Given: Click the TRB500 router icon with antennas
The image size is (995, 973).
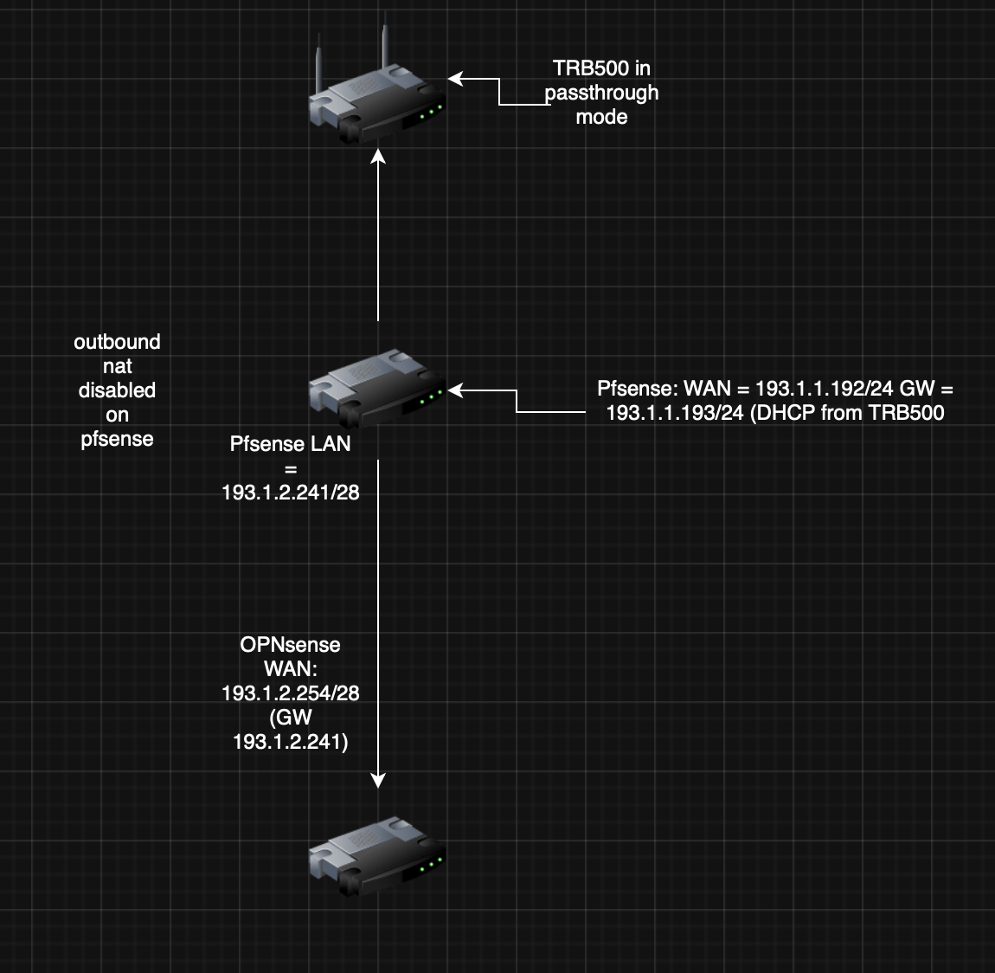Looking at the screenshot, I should (376, 105).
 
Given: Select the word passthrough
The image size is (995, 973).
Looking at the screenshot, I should (602, 93).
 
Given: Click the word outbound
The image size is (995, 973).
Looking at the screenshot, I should (118, 342).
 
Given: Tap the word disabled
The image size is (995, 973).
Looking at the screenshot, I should (118, 390).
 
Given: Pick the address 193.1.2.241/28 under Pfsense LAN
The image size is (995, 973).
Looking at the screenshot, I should (291, 493).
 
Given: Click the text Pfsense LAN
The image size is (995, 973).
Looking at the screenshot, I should (291, 444).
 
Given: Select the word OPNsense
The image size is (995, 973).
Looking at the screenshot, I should (291, 645).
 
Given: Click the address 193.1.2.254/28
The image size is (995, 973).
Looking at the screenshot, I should (291, 693).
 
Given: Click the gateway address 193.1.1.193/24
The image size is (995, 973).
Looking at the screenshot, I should (675, 413).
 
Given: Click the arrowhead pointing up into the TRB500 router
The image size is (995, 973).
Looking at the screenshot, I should (378, 156).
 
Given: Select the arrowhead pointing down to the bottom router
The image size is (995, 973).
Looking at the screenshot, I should (378, 780).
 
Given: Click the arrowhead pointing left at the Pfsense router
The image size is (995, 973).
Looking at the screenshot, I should (456, 390).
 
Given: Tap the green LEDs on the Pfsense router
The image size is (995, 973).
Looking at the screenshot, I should (429, 399).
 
